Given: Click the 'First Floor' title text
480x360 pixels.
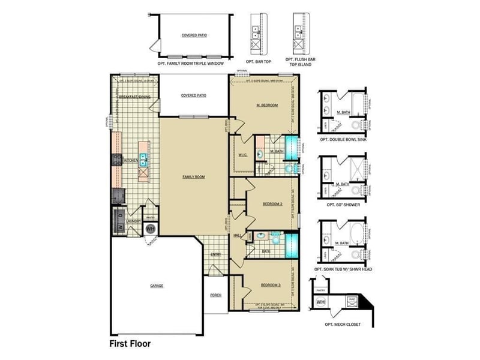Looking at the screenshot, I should click(x=130, y=344).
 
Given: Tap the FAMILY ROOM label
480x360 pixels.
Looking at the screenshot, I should click(x=194, y=177).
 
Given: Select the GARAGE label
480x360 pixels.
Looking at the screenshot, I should click(x=157, y=286).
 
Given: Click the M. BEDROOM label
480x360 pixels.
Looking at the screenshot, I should click(x=267, y=106).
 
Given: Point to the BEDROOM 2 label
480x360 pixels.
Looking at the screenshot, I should click(x=274, y=204).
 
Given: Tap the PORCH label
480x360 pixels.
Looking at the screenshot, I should click(x=215, y=295).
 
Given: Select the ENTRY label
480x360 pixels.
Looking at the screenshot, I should click(x=215, y=254).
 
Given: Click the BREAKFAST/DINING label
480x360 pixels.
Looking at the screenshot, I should click(x=134, y=97).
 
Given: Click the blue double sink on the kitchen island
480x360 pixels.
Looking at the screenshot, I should click(x=144, y=159).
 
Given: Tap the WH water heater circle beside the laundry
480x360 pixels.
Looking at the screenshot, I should click(x=150, y=229).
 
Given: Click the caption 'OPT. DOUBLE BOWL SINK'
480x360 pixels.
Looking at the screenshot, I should click(x=344, y=139).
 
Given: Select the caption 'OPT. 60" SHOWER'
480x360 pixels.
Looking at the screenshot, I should click(x=344, y=205).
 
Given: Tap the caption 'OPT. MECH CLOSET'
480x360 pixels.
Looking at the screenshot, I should click(x=342, y=324).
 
